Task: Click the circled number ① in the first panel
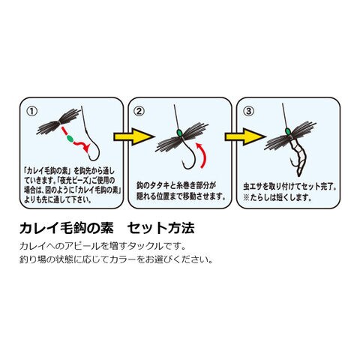pyautogui.click(x=32, y=111)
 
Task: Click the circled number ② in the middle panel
pyautogui.click(x=139, y=111)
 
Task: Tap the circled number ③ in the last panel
pyautogui.click(x=248, y=111)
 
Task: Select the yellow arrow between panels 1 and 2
pyautogui.click(x=133, y=136)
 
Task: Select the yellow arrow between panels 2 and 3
pyautogui.click(x=244, y=136)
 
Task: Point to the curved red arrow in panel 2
pyautogui.click(x=205, y=154)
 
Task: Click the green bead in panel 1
pyautogui.click(x=70, y=138)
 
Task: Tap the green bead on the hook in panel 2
pyautogui.click(x=178, y=133)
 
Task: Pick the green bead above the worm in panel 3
pyautogui.click(x=288, y=131)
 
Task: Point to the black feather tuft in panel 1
pyautogui.click(x=58, y=121)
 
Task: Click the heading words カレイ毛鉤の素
pyautogui.click(x=67, y=228)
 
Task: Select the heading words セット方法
pyautogui.click(x=161, y=228)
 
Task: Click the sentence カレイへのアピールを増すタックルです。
pyautogui.click(x=103, y=246)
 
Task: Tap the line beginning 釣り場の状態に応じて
pyautogui.click(x=116, y=259)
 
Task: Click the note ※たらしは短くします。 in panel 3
pyautogui.click(x=277, y=198)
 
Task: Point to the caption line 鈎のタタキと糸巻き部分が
pyautogui.click(x=176, y=185)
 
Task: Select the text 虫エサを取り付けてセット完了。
pyautogui.click(x=290, y=187)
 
